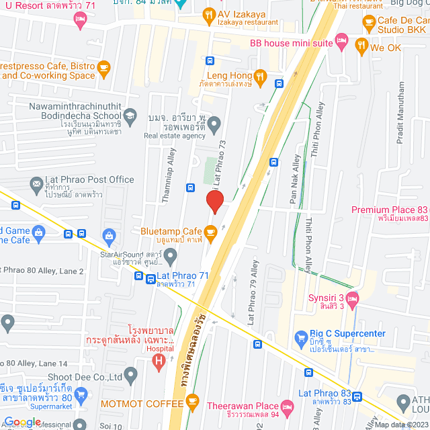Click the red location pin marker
click(214, 202)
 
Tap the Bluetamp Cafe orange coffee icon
click(211, 232)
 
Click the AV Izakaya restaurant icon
click(209, 14)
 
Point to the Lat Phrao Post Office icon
click(36, 183)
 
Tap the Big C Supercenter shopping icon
click(301, 337)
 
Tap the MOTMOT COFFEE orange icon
click(193, 403)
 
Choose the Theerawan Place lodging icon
click(287, 406)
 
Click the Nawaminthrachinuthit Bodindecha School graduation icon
click(130, 115)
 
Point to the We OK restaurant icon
click(361, 47)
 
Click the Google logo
click(22, 422)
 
